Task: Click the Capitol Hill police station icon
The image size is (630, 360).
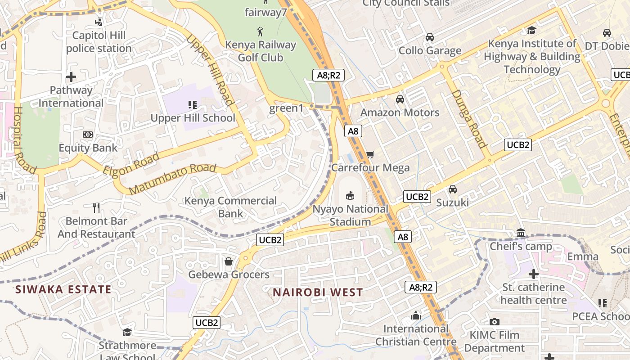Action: coord(99,21)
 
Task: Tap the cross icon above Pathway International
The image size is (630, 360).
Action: coord(71,77)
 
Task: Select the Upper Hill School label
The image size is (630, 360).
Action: coord(193,118)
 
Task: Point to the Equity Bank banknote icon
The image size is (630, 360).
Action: coord(88,135)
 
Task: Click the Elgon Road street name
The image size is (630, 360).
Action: coord(131,164)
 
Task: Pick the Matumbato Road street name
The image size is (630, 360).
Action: coord(172,179)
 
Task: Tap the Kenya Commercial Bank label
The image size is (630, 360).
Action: coord(231,207)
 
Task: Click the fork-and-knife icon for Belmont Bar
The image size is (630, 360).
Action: coord(96,207)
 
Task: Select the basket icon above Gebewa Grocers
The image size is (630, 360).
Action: coord(229,261)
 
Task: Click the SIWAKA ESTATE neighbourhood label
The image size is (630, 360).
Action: coord(63,289)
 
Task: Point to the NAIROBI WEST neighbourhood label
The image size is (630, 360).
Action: coord(318,292)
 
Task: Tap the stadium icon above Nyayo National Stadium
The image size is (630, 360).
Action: coord(350,195)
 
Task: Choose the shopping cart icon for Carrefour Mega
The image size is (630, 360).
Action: coord(370,155)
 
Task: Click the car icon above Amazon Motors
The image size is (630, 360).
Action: coord(400,99)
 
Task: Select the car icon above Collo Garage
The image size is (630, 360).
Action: coord(430,37)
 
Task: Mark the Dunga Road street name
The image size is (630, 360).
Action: coord(469,119)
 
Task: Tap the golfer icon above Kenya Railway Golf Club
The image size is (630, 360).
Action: coord(260,31)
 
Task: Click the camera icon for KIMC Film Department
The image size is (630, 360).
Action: coord(494,322)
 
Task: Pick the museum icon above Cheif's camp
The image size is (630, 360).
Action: coord(521,233)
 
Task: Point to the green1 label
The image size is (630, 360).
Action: coord(287,108)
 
